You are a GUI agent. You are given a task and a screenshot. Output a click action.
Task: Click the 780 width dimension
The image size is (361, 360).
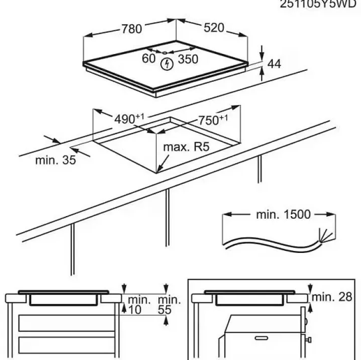click(x=131, y=29)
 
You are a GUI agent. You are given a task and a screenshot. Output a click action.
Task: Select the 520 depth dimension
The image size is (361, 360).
click(x=214, y=28)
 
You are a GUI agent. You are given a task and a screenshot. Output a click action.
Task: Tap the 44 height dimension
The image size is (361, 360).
click(x=274, y=64)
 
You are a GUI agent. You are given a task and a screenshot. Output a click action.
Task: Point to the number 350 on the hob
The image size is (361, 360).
click(x=188, y=59)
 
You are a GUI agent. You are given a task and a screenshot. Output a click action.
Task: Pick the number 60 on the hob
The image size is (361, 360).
click(x=148, y=59)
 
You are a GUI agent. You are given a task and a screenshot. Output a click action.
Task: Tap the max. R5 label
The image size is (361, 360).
click(x=186, y=147)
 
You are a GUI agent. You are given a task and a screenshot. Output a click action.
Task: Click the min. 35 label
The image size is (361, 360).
click(x=55, y=162)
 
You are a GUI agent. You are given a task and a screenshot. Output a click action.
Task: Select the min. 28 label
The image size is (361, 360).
click(x=331, y=297)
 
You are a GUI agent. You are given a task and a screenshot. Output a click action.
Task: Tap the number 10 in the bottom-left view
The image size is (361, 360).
click(x=133, y=309)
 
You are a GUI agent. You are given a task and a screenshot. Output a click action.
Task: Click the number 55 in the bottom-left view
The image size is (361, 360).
click(x=164, y=309)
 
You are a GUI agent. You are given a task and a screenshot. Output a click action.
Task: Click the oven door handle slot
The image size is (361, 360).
click(x=261, y=337)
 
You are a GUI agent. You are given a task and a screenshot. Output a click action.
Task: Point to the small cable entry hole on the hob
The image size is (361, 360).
click(x=165, y=52)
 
